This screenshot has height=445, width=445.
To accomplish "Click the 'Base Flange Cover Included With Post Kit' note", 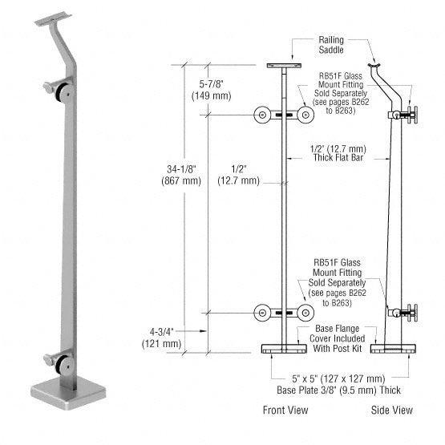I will pos(335,340).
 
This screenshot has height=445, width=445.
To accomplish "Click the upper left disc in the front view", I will pos(261,115).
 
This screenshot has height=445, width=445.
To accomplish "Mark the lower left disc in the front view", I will pos(261,314).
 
